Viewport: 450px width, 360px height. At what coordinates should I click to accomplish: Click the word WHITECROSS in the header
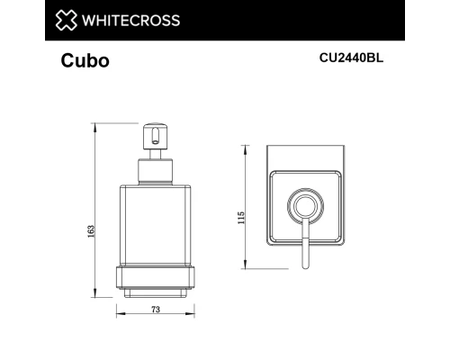coord(130,20)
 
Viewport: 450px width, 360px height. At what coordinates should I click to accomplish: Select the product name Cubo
coord(85,62)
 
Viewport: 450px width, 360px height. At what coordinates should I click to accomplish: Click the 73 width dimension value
coord(155,309)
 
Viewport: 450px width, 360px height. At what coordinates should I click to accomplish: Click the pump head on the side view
coord(155,139)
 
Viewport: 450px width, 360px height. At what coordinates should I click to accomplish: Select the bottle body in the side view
coord(154,225)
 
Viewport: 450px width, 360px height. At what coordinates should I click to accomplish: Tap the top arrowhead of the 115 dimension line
coord(248,147)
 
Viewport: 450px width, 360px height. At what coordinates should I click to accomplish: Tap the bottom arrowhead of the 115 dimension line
coord(248,266)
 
